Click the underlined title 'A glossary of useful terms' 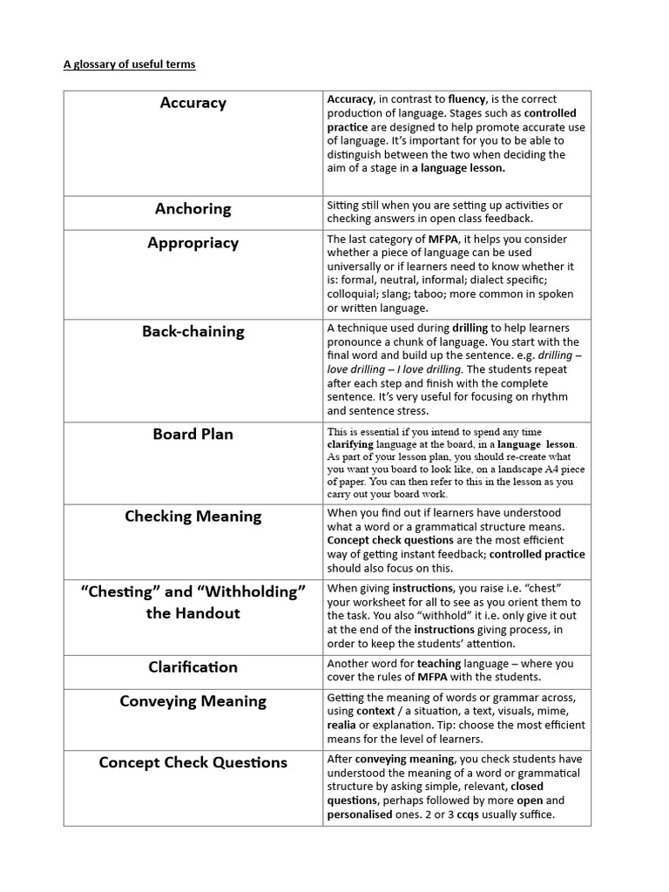click(129, 64)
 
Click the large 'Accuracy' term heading click(193, 103)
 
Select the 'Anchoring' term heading click(193, 208)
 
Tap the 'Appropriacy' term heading click(193, 243)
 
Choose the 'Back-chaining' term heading click(193, 331)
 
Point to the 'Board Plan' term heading click(193, 434)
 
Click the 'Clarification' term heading click(193, 667)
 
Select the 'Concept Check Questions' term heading click(193, 762)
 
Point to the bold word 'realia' click(341, 725)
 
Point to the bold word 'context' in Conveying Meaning click(376, 711)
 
